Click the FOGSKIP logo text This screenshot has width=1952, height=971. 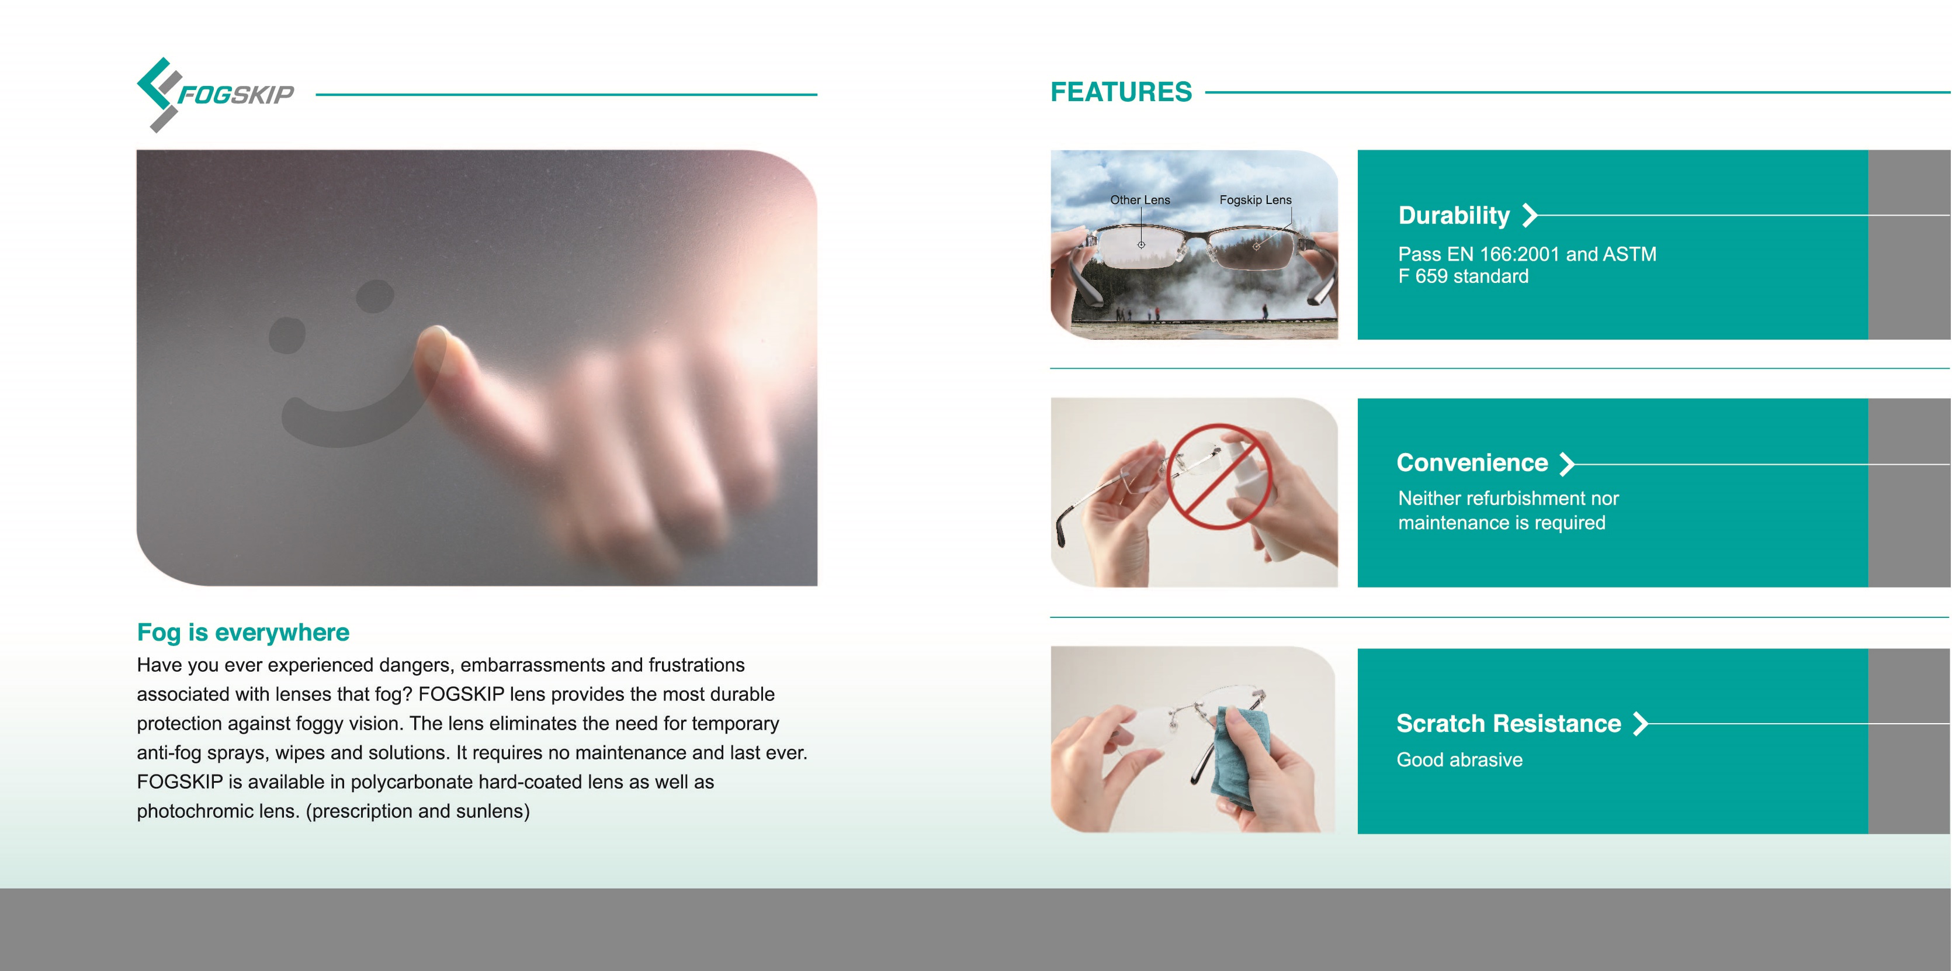click(235, 95)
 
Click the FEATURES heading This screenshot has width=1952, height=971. click(1121, 92)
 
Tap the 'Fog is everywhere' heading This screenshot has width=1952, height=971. click(243, 632)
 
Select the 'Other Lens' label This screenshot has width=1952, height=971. click(1140, 199)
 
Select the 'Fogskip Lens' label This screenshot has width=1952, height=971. click(1255, 199)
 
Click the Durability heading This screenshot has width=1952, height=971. click(1454, 215)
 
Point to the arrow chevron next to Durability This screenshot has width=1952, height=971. click(1530, 215)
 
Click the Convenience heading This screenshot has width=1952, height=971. click(1472, 462)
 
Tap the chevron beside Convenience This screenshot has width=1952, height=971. click(1567, 463)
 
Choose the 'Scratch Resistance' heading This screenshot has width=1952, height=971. click(1509, 723)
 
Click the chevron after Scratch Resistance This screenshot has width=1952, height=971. click(1641, 724)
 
